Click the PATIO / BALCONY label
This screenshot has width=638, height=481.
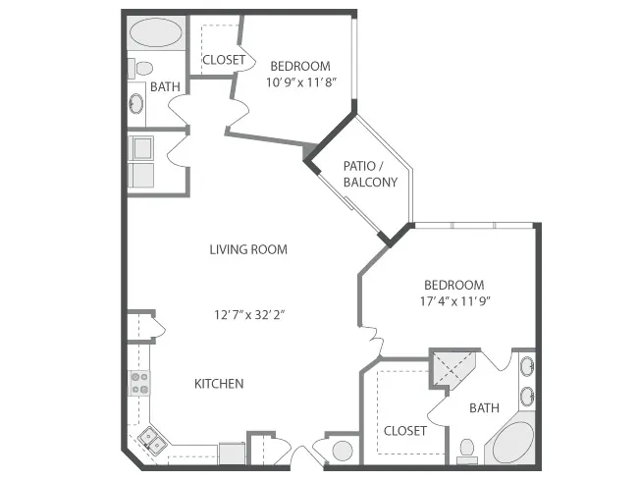click(370, 174)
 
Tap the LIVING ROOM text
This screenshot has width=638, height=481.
click(248, 249)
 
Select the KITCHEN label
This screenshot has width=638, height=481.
click(219, 384)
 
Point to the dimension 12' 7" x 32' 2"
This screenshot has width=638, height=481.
click(249, 314)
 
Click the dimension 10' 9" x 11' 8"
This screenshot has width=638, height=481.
click(301, 82)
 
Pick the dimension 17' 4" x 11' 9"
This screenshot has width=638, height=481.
click(454, 301)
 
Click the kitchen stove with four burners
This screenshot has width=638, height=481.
click(139, 384)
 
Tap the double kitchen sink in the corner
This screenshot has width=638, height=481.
click(151, 441)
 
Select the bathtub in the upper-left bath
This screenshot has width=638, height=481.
click(157, 32)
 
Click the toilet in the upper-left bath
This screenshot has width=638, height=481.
click(140, 69)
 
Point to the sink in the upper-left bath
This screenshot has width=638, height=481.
click(136, 104)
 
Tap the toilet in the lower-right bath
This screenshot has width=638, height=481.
click(466, 451)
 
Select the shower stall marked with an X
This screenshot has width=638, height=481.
click(452, 369)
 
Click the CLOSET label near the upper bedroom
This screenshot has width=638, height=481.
click(224, 60)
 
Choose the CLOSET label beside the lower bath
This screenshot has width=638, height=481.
click(405, 431)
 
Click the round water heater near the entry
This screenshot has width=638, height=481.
click(343, 451)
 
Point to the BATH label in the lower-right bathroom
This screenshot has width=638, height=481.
click(484, 407)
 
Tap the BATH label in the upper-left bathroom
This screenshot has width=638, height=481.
click(165, 86)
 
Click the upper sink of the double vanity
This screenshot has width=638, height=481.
click(527, 366)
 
